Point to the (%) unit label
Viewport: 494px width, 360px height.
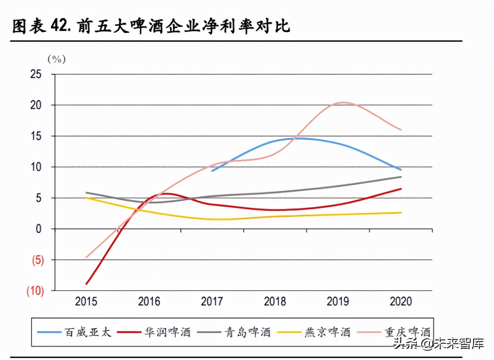point(57,59)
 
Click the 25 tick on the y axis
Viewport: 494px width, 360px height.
point(36,74)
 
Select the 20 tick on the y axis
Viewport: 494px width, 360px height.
point(36,105)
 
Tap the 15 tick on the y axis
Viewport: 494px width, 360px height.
point(36,136)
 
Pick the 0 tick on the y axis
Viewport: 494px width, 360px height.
point(39,229)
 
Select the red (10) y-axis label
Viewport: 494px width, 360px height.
point(35,291)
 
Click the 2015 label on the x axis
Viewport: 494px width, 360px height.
point(86,301)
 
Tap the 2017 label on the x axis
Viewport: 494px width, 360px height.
point(212,301)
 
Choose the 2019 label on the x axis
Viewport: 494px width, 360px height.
point(338,301)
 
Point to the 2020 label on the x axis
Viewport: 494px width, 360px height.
point(401,301)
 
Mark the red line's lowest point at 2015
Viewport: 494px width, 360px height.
point(87,284)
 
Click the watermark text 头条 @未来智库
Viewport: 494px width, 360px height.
point(438,343)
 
